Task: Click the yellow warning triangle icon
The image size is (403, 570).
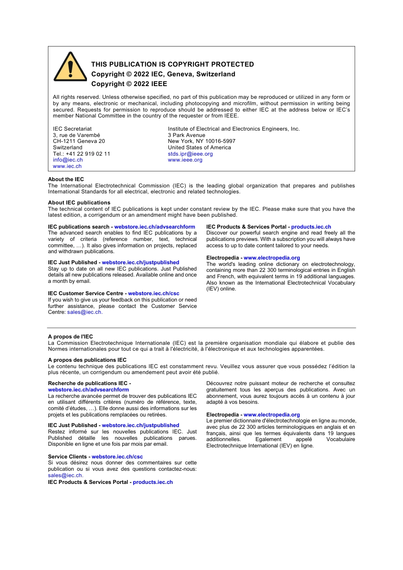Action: [70, 68]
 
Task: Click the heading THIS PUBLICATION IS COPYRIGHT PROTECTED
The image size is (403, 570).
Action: [172, 64]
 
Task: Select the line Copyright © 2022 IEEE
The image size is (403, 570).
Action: [129, 84]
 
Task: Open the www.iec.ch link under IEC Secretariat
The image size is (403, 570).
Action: [67, 166]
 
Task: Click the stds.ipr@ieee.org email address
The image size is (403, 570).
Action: [190, 154]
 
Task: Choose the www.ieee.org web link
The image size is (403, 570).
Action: [185, 160]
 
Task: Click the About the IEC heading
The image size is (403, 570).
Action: [66, 179]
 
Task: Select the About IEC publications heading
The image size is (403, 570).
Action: [79, 203]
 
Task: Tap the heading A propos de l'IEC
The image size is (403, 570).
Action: [70, 337]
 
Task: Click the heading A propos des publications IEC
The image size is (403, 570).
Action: [87, 360]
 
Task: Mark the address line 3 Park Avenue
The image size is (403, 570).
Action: [186, 135]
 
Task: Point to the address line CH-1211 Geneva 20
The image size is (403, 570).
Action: [79, 141]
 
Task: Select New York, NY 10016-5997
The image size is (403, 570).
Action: [201, 141]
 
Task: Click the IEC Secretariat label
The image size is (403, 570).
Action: [72, 129]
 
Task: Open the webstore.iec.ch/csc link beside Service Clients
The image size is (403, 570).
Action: [117, 457]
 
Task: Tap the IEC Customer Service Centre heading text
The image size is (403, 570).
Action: [85, 293]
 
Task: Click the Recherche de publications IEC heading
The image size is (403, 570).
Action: [87, 383]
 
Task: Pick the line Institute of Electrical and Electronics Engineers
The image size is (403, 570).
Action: [234, 129]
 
